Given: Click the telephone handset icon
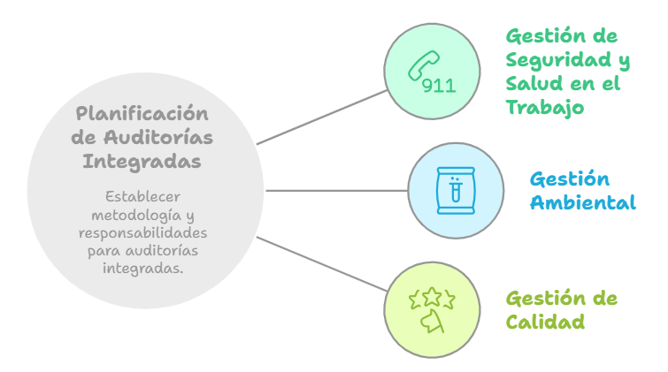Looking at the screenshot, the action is point(423,65).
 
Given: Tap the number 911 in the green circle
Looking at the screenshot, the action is point(439,86).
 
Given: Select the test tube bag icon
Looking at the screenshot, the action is point(456,190).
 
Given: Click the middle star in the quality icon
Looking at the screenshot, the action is point(432,296).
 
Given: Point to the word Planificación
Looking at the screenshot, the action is point(142,114).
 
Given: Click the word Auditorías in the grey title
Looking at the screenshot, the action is point(158,138).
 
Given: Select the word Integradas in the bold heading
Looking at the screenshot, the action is point(142,162).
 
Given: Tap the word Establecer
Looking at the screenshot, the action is point(142,197).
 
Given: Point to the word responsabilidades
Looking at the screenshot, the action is point(143,232).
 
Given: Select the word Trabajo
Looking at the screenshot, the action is point(544,107).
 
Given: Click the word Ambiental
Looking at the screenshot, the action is point(583,202).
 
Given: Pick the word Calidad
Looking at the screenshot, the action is point(545,322).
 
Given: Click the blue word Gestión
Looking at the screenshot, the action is point(570,179).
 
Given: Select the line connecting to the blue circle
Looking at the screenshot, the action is point(336,191).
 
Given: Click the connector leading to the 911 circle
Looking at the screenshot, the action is point(322,118).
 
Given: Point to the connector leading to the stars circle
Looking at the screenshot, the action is point(322,264).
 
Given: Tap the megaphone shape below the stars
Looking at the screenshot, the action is point(432,321).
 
